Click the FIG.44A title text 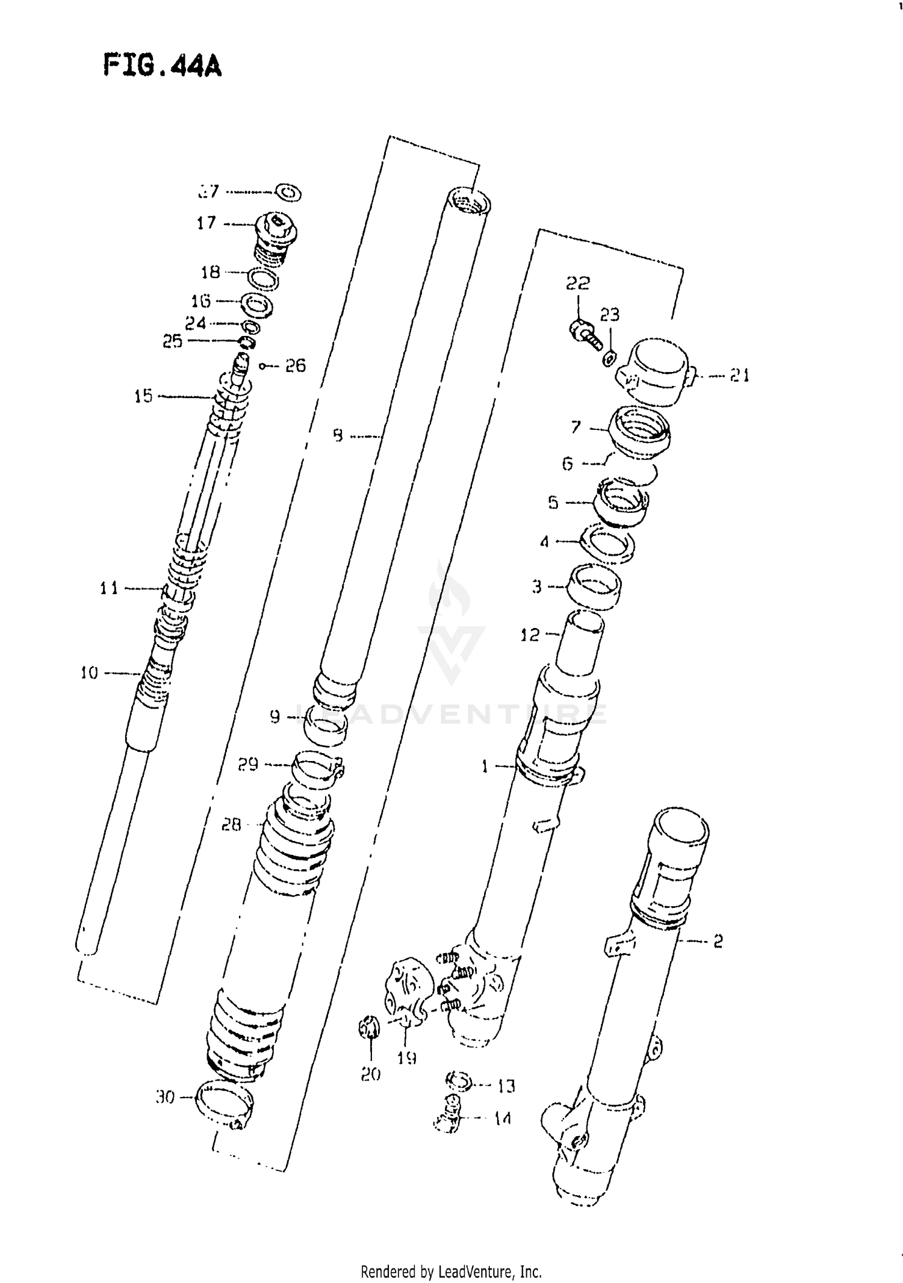pos(163,66)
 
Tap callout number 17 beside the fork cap pos(206,223)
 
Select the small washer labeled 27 pos(288,193)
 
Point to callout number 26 pos(295,365)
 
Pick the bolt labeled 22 pos(583,334)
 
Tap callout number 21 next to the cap pos(739,376)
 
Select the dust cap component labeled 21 pos(656,371)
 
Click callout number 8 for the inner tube pos(338,435)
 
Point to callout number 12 pos(530,635)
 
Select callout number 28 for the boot pos(231,824)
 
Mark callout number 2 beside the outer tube pos(718,941)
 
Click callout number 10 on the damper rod pos(89,673)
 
